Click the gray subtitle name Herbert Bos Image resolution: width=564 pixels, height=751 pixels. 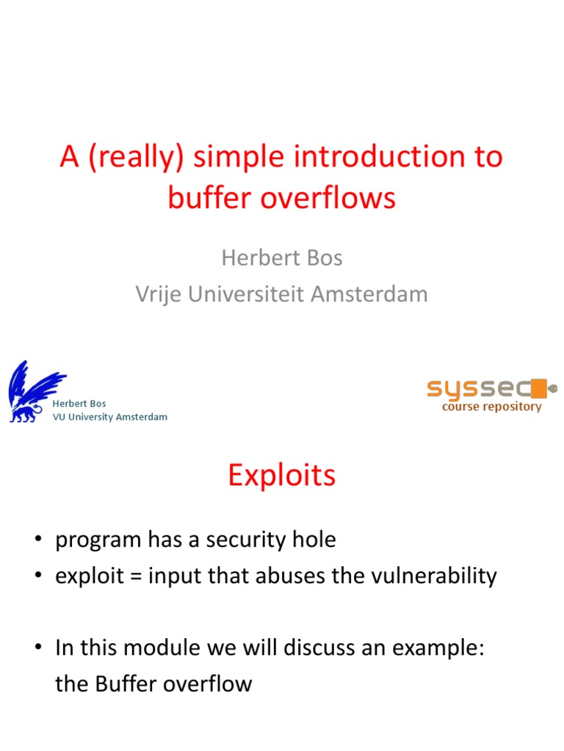coord(282,258)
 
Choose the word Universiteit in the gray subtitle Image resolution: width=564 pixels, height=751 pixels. coord(247,294)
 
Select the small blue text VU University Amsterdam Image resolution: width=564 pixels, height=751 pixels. coord(110,417)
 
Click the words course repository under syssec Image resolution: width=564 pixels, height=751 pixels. coord(491,407)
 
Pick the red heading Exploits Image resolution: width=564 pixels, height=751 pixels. coord(282,476)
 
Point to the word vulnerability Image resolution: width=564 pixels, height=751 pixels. coord(433,576)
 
